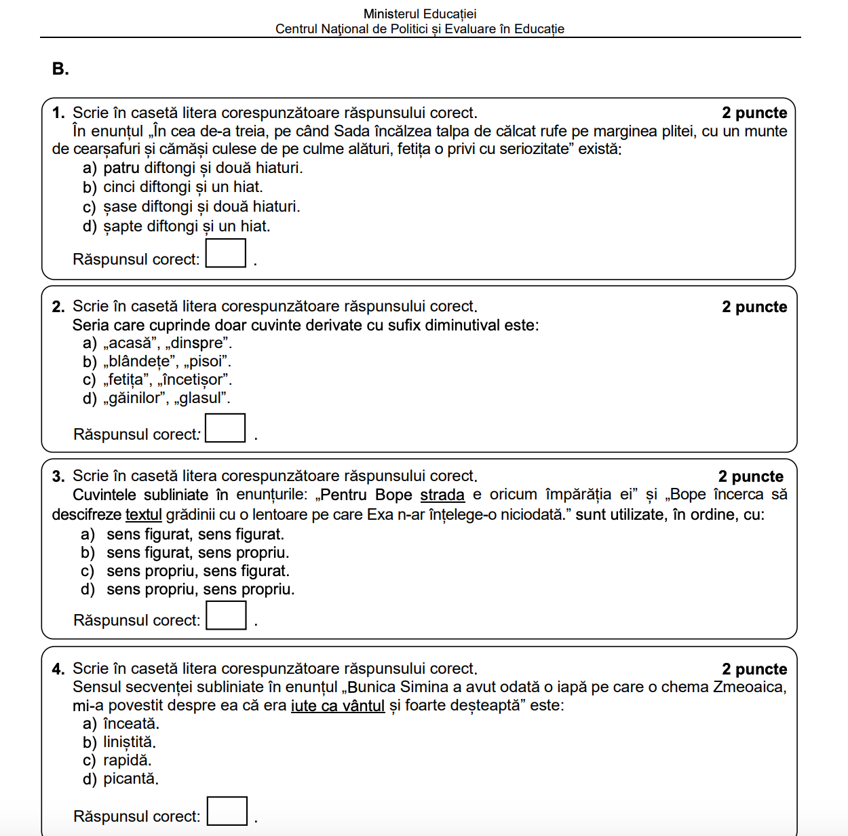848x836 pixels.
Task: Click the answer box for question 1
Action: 226,253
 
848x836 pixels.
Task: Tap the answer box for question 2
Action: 225,428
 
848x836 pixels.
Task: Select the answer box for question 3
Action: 226,615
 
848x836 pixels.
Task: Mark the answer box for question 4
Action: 227,811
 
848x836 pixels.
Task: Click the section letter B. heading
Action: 60,69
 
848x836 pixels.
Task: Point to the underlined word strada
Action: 442,495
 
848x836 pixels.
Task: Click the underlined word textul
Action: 144,514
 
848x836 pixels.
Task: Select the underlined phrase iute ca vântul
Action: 338,706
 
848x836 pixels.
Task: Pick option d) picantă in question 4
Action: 121,779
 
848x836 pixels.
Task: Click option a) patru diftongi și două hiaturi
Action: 193,168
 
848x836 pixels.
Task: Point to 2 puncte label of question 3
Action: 750,476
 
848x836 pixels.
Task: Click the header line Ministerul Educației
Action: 420,14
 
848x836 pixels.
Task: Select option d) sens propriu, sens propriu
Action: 188,589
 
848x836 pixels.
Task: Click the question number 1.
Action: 58,113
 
